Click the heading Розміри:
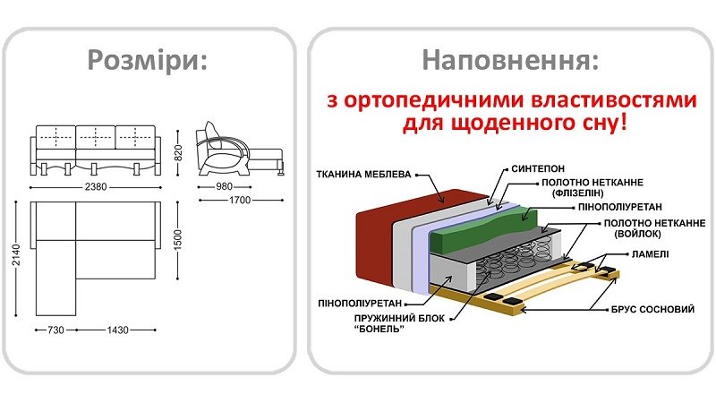[x=147, y=59]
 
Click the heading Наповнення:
[x=511, y=59]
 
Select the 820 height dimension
[x=179, y=154]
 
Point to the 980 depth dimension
[x=224, y=186]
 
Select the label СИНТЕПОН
[x=538, y=167]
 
